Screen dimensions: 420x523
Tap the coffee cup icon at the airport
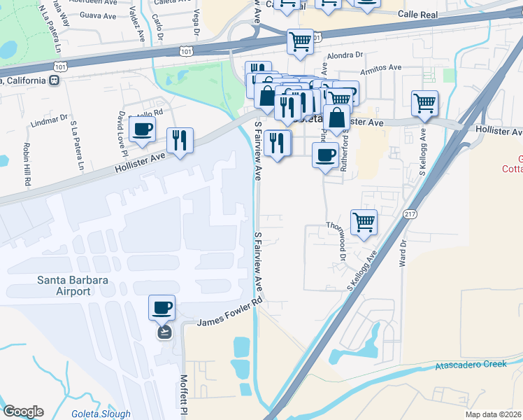click(162, 307)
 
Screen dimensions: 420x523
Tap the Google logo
click(23, 412)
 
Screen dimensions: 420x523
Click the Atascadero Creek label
click(471, 365)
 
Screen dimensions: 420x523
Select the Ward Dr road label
click(403, 254)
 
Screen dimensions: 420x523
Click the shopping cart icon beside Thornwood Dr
click(364, 223)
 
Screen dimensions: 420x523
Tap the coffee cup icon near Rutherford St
click(325, 155)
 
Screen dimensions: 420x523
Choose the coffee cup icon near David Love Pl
click(143, 129)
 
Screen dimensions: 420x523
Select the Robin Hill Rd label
click(27, 164)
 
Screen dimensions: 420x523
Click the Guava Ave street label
click(98, 14)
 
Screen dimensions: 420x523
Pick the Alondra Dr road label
click(346, 55)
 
